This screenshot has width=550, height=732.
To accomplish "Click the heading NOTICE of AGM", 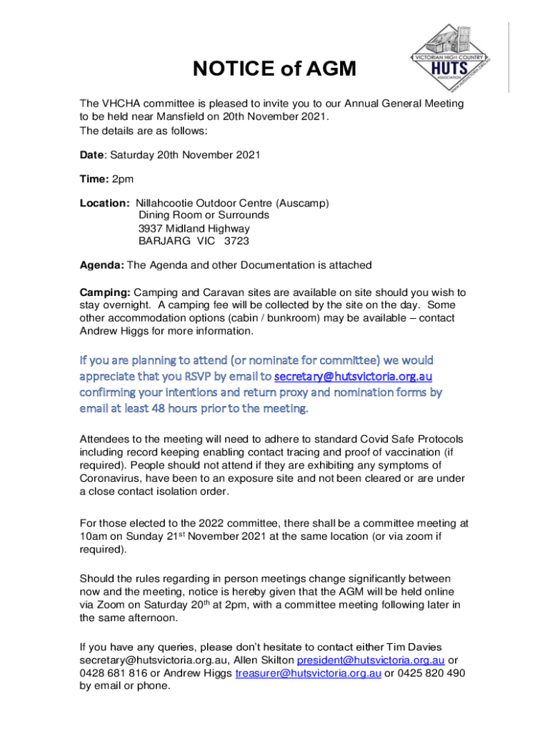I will click(x=274, y=69).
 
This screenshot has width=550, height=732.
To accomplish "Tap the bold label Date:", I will click(x=93, y=154).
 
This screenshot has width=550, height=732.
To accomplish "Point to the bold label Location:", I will click(x=104, y=203).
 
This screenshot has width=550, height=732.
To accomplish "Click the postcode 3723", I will click(x=236, y=241).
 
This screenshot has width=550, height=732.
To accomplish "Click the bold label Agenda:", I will click(x=102, y=265).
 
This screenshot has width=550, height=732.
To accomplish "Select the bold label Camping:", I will click(x=105, y=292).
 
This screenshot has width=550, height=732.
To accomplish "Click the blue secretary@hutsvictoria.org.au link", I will click(x=354, y=376).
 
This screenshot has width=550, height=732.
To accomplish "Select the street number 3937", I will click(x=151, y=228).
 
